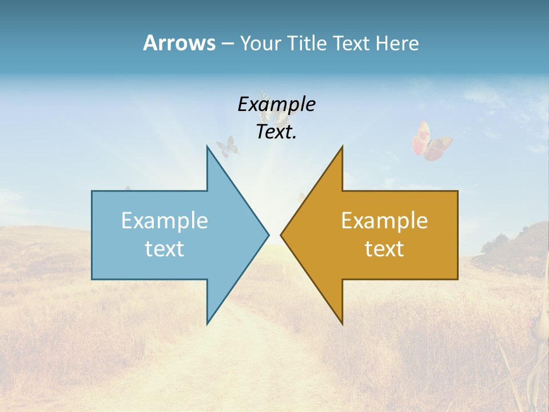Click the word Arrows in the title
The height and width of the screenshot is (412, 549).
[x=178, y=43]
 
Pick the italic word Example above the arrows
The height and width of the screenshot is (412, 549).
[x=276, y=104]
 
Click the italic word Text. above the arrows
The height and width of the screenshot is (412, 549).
[x=276, y=132]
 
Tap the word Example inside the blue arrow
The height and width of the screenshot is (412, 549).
[x=165, y=220]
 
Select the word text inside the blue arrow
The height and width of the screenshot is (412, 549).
[x=165, y=248]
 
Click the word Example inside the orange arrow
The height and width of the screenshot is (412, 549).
[x=384, y=220]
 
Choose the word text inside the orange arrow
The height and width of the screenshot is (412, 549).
[x=384, y=248]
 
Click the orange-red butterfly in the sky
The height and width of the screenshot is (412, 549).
[x=432, y=141]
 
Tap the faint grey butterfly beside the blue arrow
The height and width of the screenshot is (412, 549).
[x=228, y=146]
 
